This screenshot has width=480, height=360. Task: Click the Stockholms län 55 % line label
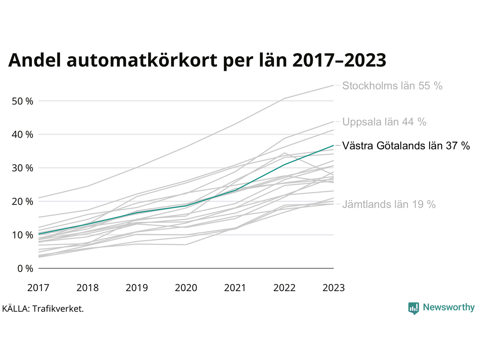coord(392,86)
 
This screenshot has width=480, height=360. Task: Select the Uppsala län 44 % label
coord(384,122)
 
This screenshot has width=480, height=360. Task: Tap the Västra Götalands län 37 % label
coord(406,145)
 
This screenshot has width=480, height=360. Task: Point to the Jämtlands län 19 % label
coord(388,204)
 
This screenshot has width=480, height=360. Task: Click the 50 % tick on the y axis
coord(22,101)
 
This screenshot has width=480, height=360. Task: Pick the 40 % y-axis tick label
coord(22,134)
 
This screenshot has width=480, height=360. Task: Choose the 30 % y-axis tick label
coord(22,168)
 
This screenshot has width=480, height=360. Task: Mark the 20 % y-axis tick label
coord(22,201)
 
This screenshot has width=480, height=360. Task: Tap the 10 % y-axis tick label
coord(22,235)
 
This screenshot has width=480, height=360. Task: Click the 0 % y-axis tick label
coord(25,268)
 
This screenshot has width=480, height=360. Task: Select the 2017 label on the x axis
coord(38,288)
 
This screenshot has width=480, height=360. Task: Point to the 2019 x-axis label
coord(137,288)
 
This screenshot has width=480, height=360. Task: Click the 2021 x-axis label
coord(235,288)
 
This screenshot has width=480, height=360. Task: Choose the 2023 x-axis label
coord(333,288)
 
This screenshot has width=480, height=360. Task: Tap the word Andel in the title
coord(34,60)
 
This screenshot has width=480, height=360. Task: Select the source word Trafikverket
coord(58,309)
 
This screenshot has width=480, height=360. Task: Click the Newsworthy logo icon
coord(413,308)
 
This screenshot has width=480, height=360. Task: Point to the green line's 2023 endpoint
coord(333,145)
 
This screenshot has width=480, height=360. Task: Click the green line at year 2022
coord(284,164)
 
